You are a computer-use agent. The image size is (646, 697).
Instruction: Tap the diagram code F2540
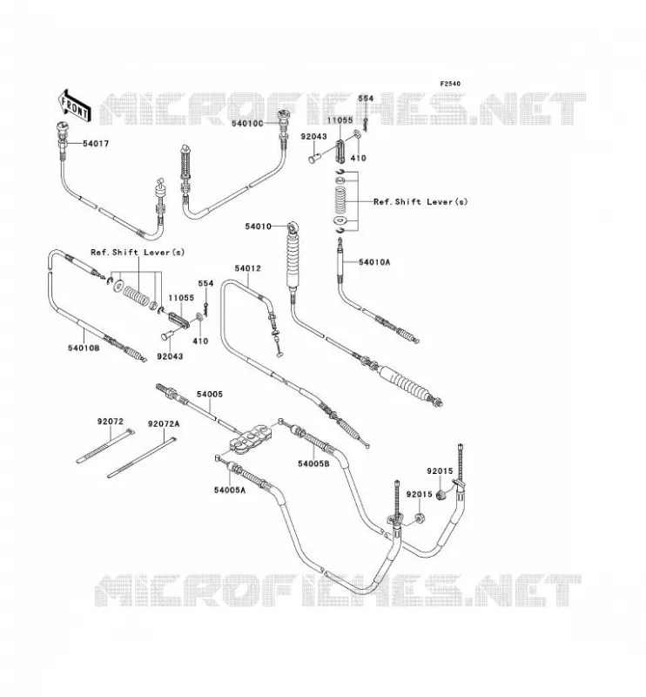click(450, 84)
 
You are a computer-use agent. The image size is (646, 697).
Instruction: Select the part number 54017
click(96, 144)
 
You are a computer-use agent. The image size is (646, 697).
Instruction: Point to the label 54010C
click(247, 123)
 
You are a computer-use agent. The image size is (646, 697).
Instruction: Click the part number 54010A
click(374, 262)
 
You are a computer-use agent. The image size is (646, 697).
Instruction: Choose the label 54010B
click(84, 348)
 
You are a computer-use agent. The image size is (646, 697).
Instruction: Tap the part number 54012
click(247, 268)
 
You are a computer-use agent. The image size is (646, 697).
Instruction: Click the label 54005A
click(229, 490)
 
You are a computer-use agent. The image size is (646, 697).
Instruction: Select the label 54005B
click(313, 464)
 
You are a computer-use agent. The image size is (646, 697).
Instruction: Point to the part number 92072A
click(164, 424)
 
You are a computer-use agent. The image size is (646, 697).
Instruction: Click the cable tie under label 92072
click(104, 446)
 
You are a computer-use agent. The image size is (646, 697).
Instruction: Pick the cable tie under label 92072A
click(142, 458)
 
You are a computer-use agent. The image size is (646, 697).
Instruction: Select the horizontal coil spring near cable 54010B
click(136, 295)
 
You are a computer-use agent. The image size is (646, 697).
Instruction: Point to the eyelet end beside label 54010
click(293, 227)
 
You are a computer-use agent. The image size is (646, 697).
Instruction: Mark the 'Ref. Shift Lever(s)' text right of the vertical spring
click(421, 202)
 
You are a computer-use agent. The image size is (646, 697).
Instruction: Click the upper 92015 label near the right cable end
click(440, 471)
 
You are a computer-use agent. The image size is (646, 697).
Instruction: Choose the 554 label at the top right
click(366, 98)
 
